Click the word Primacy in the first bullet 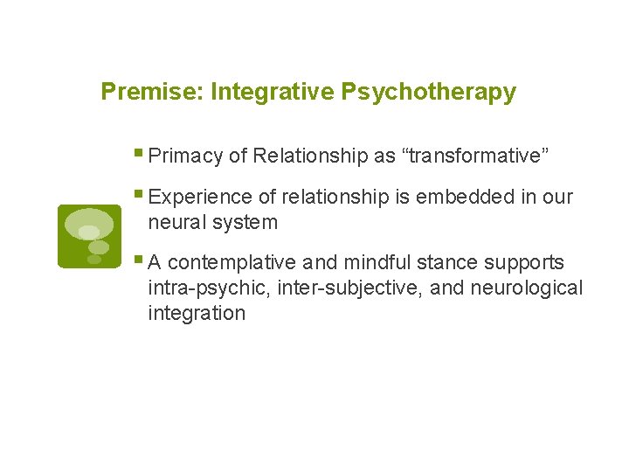pyautogui.click(x=186, y=156)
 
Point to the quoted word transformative pyautogui.click(x=474, y=156)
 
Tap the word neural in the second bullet pyautogui.click(x=176, y=222)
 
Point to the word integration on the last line pyautogui.click(x=197, y=313)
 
